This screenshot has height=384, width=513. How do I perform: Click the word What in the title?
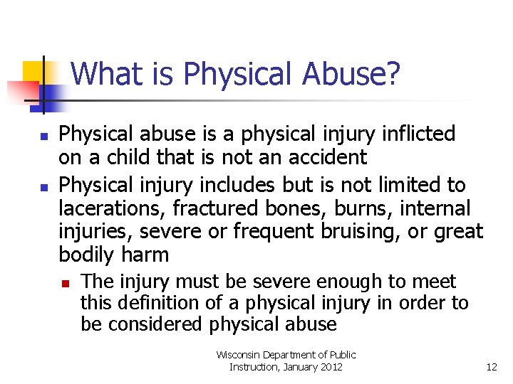pos(100,73)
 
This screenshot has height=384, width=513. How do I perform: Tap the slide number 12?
pos(491,367)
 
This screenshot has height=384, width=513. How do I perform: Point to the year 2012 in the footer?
pos(331,367)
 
